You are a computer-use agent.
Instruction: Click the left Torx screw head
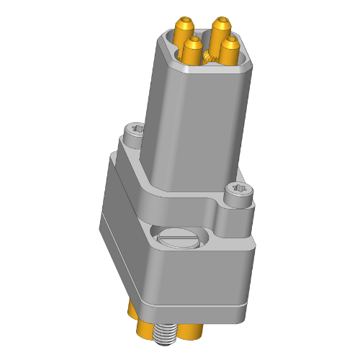[x=135, y=131]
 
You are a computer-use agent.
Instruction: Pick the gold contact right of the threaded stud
[x=189, y=332]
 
